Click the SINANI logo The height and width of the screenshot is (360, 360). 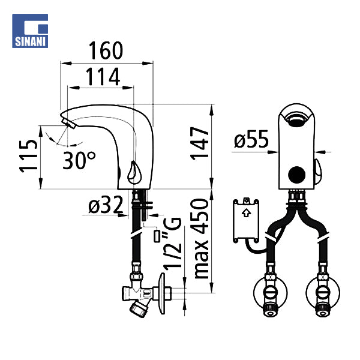click(30, 31)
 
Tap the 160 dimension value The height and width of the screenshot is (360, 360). click(106, 51)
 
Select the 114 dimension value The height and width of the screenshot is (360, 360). click(103, 77)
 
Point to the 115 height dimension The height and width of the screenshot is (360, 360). click(28, 155)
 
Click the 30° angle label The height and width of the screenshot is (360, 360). click(79, 160)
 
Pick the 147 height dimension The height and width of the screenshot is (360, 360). click(199, 143)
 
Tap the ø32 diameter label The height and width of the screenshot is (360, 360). click(106, 205)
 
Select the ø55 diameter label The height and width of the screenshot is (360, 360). click(251, 139)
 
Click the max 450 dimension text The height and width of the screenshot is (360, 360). click(201, 239)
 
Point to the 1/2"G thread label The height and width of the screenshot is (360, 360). click(172, 243)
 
